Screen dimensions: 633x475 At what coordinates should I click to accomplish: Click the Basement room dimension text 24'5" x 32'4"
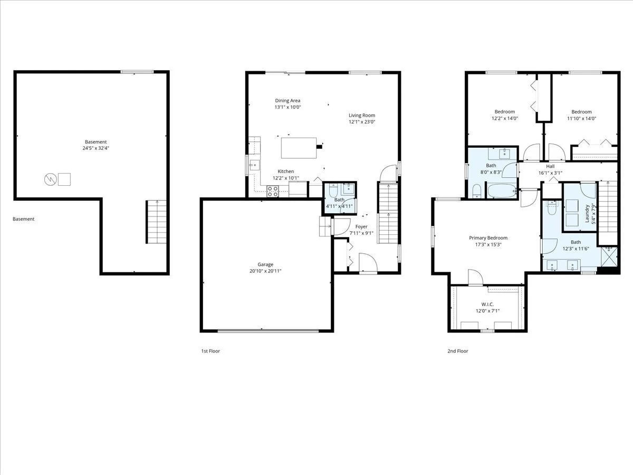tap(96, 148)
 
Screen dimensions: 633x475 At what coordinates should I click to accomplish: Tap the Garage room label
tap(265, 264)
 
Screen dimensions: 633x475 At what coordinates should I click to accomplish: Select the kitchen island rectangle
tap(299, 148)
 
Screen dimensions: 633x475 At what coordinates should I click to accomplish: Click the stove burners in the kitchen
tap(273, 192)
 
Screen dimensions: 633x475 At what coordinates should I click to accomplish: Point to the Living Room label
tap(362, 116)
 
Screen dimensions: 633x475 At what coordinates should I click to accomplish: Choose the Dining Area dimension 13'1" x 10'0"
tap(287, 107)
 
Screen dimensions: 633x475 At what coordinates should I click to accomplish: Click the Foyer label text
tap(361, 227)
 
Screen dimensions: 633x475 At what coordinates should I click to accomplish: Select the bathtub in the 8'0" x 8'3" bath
tap(502, 191)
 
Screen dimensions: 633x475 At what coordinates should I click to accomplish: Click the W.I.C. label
tap(487, 305)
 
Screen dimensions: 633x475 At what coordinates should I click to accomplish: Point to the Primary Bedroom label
tap(488, 238)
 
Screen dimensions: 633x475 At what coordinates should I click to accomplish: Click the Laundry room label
tap(587, 214)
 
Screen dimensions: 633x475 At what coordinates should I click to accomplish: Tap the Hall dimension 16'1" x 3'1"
tap(550, 173)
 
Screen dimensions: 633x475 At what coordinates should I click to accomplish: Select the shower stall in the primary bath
tap(609, 256)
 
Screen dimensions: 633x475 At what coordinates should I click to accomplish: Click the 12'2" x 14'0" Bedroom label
tap(505, 111)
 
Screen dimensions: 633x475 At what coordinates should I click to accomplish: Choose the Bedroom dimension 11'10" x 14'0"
tap(581, 119)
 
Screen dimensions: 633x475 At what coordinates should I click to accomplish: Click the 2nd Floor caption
tap(458, 351)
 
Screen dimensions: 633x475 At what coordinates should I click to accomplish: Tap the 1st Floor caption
tap(210, 351)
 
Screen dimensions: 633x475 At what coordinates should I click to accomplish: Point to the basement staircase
tap(156, 222)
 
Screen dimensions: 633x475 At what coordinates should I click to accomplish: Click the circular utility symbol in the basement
tap(50, 179)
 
